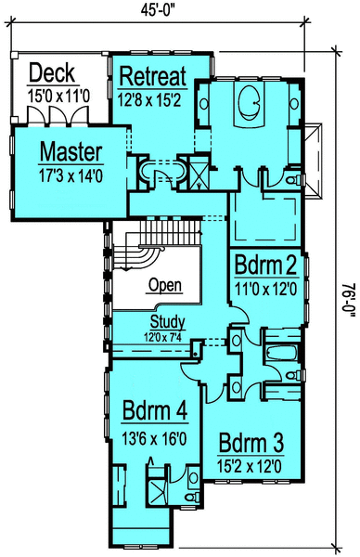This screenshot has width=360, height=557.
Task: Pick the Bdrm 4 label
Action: [x=155, y=408]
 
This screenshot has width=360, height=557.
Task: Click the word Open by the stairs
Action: [x=164, y=285]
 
